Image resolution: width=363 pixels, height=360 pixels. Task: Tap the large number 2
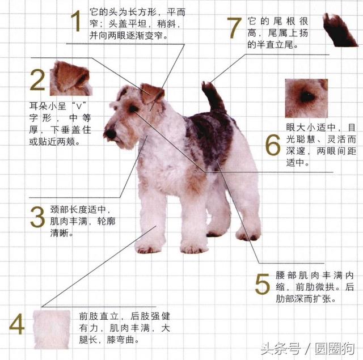coord(37,81)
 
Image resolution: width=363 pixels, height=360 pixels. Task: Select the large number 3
coord(37,217)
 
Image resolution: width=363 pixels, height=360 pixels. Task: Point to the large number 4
coord(17,324)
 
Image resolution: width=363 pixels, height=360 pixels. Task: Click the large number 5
coord(262,284)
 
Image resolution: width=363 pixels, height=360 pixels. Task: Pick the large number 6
coord(273,145)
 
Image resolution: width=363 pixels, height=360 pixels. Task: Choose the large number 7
coord(234,28)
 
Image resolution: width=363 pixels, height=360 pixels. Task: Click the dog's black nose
coord(109,134)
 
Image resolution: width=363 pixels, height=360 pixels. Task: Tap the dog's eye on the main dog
coord(133,109)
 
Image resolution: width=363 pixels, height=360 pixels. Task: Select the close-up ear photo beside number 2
coord(71,78)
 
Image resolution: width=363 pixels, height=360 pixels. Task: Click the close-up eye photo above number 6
coord(306,98)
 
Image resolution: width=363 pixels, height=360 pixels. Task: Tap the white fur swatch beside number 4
coord(52,329)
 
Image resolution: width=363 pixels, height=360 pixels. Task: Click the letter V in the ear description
coord(79,107)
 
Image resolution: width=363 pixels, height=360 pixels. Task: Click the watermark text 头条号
coord(281,349)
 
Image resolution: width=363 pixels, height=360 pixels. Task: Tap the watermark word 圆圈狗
coord(335,349)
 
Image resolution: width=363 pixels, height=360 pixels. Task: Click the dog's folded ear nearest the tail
coord(151,93)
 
